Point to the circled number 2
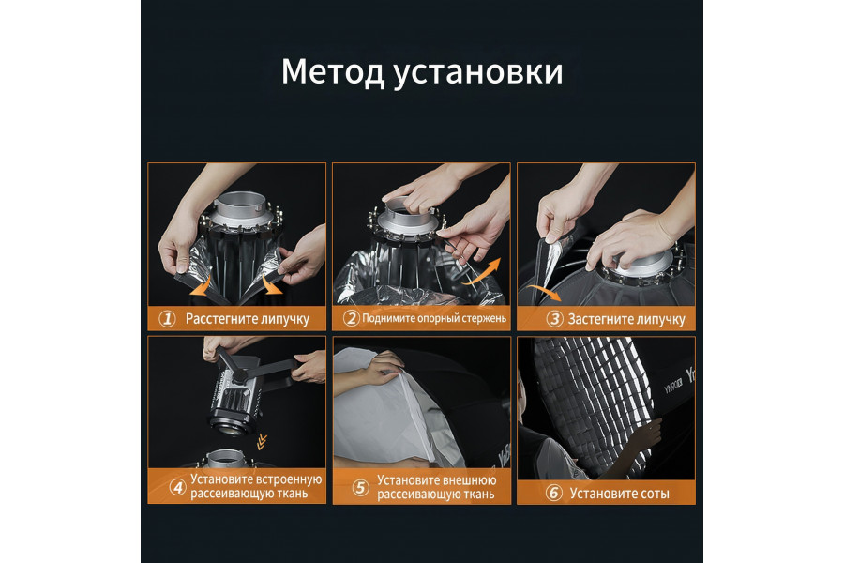[x=351, y=319]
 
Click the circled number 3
[x=554, y=319]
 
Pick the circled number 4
[x=176, y=487]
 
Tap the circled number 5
[x=360, y=487]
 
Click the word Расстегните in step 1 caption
[x=220, y=319]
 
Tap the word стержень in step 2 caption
[x=483, y=319]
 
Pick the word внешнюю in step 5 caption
[x=468, y=479]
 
